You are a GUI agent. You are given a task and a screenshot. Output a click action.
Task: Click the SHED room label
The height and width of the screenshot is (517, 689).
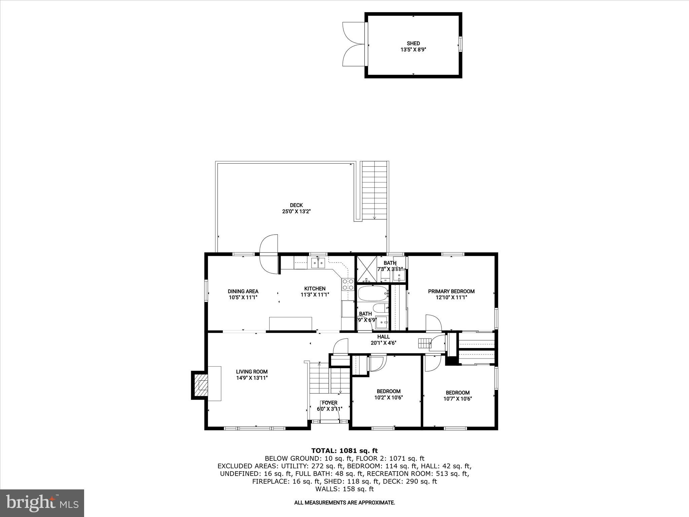click(x=413, y=43)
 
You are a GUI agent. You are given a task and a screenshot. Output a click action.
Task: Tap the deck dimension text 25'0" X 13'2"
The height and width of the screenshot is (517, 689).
click(x=296, y=211)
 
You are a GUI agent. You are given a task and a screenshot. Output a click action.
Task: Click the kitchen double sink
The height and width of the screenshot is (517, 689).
click(x=82, y=262)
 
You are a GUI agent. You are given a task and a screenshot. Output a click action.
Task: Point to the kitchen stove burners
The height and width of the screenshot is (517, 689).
click(x=348, y=284)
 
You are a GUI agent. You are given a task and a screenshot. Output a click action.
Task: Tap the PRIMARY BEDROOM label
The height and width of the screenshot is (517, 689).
click(x=451, y=291)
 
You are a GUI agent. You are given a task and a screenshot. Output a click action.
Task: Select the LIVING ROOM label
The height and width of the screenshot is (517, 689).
click(x=252, y=372)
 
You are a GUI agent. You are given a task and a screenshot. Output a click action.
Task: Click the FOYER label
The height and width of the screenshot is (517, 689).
click(x=329, y=403)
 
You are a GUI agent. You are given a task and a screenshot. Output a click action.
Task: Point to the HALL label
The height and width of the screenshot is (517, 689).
click(x=383, y=337)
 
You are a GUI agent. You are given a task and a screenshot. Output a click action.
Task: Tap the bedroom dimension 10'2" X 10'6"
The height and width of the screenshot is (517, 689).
click(x=388, y=397)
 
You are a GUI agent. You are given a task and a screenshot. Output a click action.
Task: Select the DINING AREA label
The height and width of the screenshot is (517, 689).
click(x=243, y=291)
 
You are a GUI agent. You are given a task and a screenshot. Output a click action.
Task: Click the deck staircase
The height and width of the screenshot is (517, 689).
click(x=374, y=190)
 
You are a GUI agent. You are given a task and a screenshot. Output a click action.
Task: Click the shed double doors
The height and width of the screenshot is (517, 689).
click(x=353, y=44)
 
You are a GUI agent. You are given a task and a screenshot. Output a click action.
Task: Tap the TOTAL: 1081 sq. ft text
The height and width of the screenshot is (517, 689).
click(x=344, y=451)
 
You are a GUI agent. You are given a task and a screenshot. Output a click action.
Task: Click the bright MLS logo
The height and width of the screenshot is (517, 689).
click(x=42, y=503)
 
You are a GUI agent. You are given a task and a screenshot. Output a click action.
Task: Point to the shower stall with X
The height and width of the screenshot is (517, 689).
click(x=366, y=270)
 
